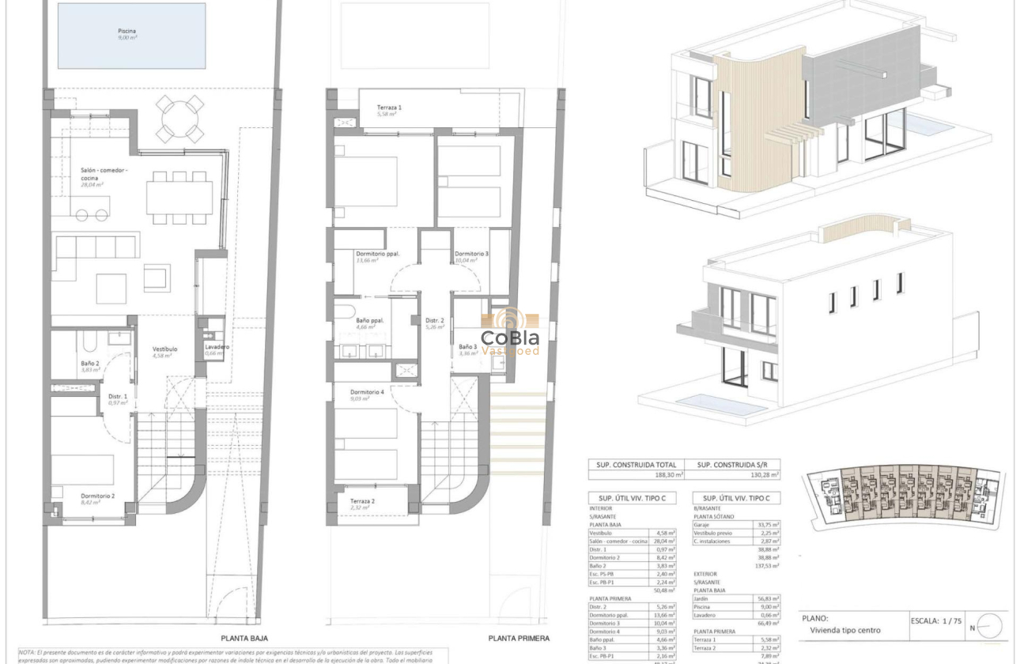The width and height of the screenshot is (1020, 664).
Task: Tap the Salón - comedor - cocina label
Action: (x=104, y=175)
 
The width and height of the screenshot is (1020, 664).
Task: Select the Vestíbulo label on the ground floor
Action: (x=164, y=349)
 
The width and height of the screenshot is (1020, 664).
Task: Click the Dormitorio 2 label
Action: (x=98, y=496)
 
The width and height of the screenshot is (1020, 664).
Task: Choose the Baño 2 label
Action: (x=89, y=364)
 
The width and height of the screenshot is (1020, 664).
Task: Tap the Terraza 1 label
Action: (x=389, y=107)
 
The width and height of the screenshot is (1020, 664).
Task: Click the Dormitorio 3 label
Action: (x=471, y=254)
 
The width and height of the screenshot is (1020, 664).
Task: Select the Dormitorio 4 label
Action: (x=367, y=392)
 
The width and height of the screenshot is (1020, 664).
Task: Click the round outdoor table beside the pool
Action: (x=180, y=119)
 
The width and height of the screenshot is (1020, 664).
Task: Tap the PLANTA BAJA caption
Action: (x=244, y=638)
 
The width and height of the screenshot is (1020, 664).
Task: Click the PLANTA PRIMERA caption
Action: (x=518, y=638)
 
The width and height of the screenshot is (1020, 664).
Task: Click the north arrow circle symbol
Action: (x=989, y=627)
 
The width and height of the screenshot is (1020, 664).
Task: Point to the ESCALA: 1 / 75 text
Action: (x=937, y=621)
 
